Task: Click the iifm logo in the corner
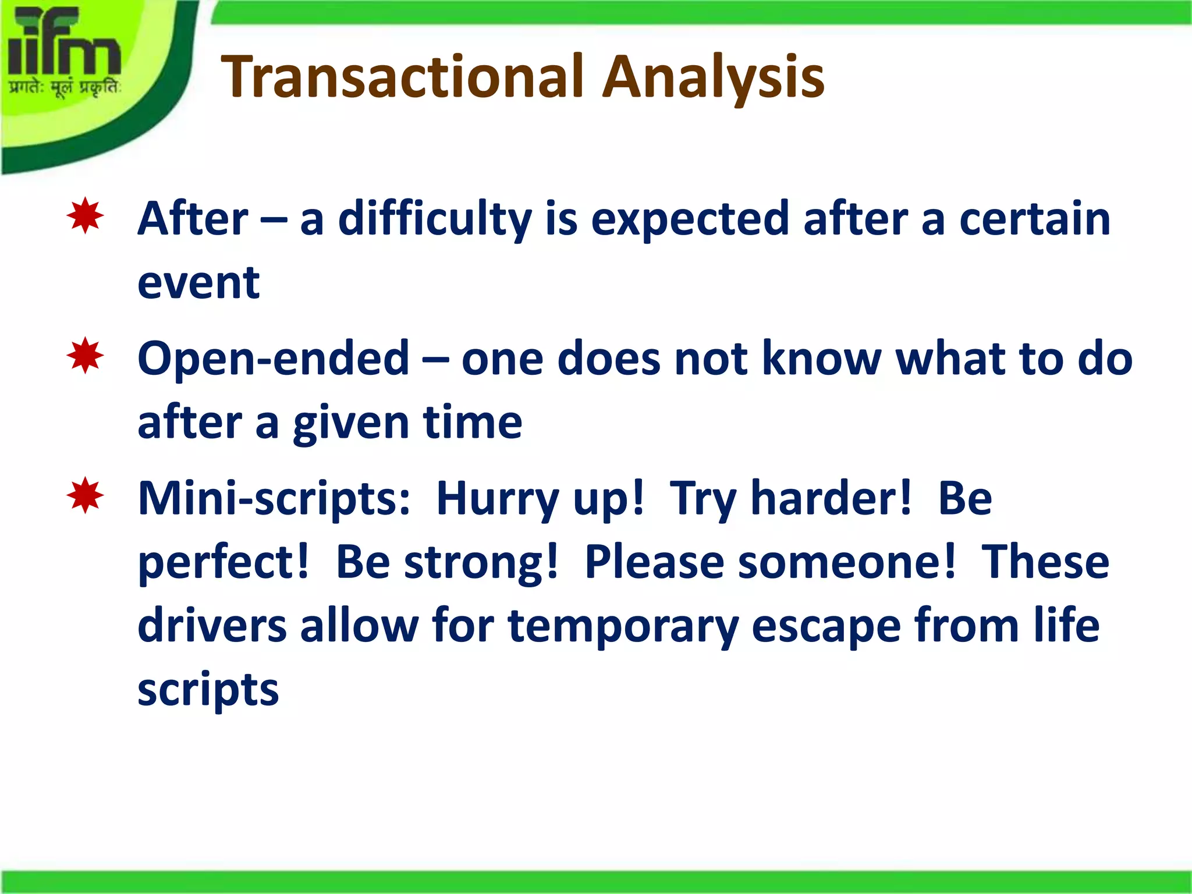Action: (64, 44)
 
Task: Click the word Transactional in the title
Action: (402, 77)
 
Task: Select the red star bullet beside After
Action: (85, 216)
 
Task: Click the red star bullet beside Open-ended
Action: (85, 355)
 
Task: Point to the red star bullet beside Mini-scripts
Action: (85, 495)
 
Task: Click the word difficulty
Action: (435, 219)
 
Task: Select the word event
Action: (198, 283)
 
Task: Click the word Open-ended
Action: (274, 359)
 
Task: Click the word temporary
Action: (623, 627)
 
